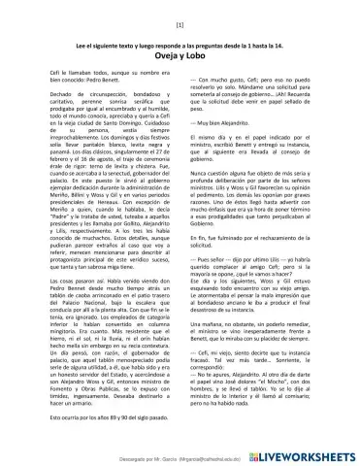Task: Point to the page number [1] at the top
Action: coord(180,22)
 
